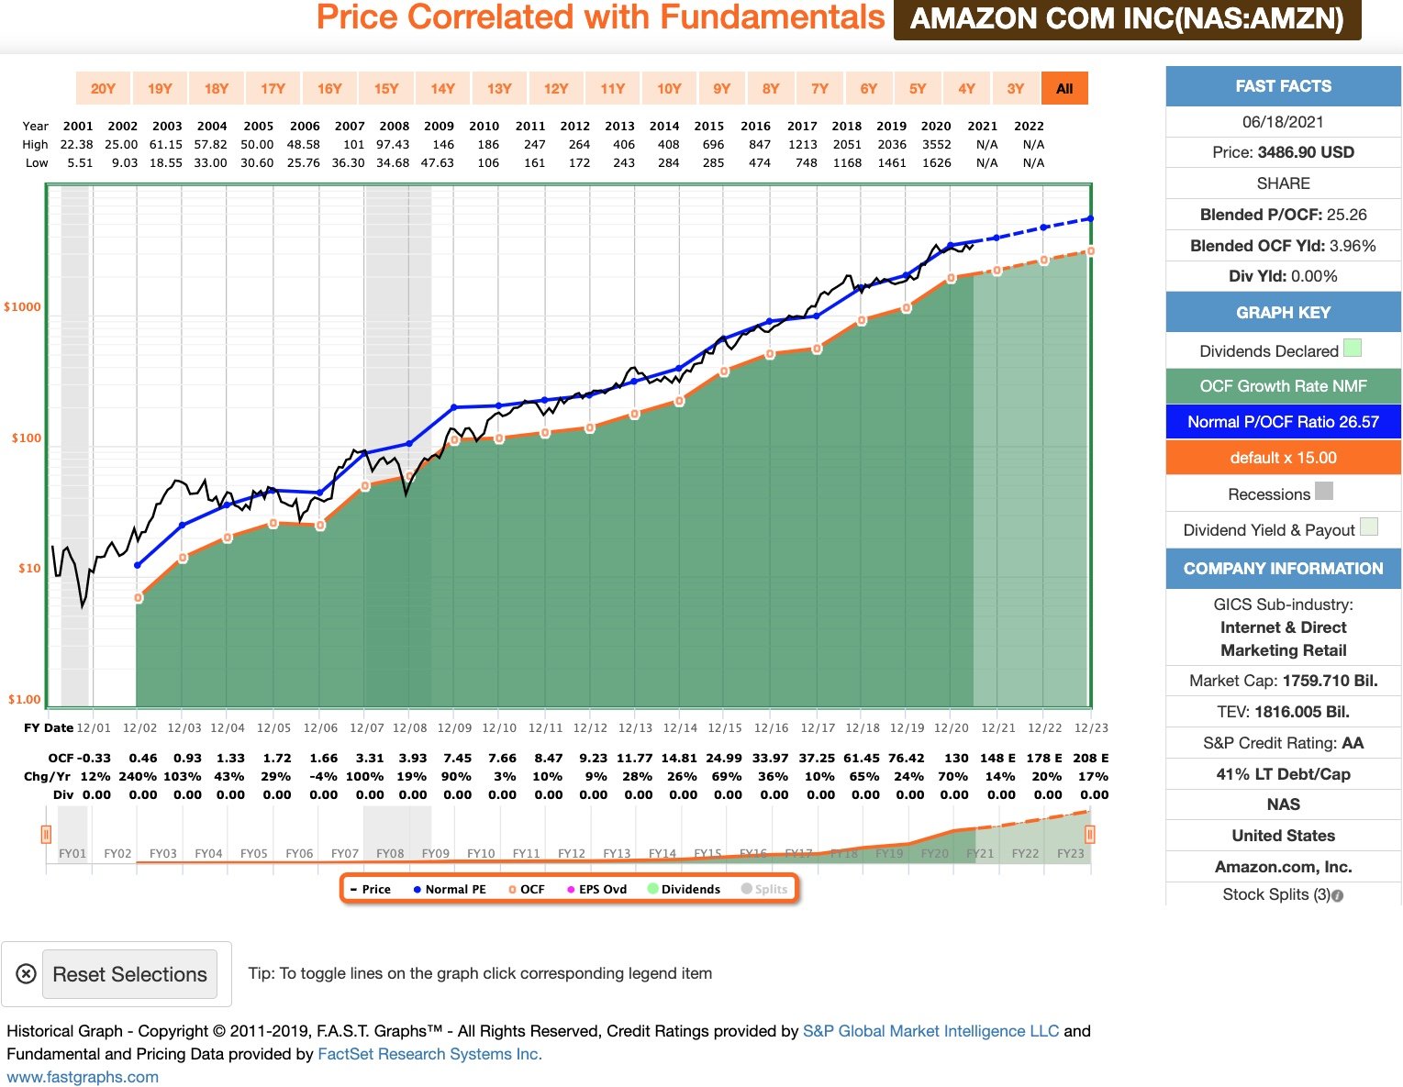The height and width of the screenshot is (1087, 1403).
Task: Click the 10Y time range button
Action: pyautogui.click(x=669, y=89)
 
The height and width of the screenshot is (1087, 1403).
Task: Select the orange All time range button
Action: pyautogui.click(x=1064, y=89)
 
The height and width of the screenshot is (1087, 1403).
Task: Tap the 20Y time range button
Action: pyautogui.click(x=103, y=89)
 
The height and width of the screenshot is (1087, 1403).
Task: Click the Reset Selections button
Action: pyautogui.click(x=129, y=974)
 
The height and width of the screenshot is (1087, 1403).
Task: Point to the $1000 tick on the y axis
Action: pyautogui.click(x=23, y=307)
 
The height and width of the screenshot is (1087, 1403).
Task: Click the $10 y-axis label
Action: pyautogui.click(x=29, y=569)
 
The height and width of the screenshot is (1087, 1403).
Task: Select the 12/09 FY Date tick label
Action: pyautogui.click(x=454, y=728)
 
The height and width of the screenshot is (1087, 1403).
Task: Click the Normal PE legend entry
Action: pyautogui.click(x=450, y=890)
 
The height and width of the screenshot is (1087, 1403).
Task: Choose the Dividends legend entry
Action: pyautogui.click(x=685, y=890)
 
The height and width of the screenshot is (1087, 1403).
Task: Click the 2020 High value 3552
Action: pyautogui.click(x=936, y=145)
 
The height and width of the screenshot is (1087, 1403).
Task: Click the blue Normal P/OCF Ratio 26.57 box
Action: pyautogui.click(x=1283, y=422)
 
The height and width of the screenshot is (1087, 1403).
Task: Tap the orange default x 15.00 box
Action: pyautogui.click(x=1283, y=458)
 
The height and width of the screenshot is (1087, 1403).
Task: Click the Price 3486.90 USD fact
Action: pyautogui.click(x=1283, y=152)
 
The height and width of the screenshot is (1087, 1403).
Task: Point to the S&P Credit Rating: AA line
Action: pyautogui.click(x=1283, y=743)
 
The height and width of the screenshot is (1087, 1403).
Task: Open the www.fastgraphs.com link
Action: pyautogui.click(x=83, y=1077)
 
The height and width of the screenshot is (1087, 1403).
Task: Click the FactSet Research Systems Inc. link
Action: pyautogui.click(x=429, y=1054)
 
